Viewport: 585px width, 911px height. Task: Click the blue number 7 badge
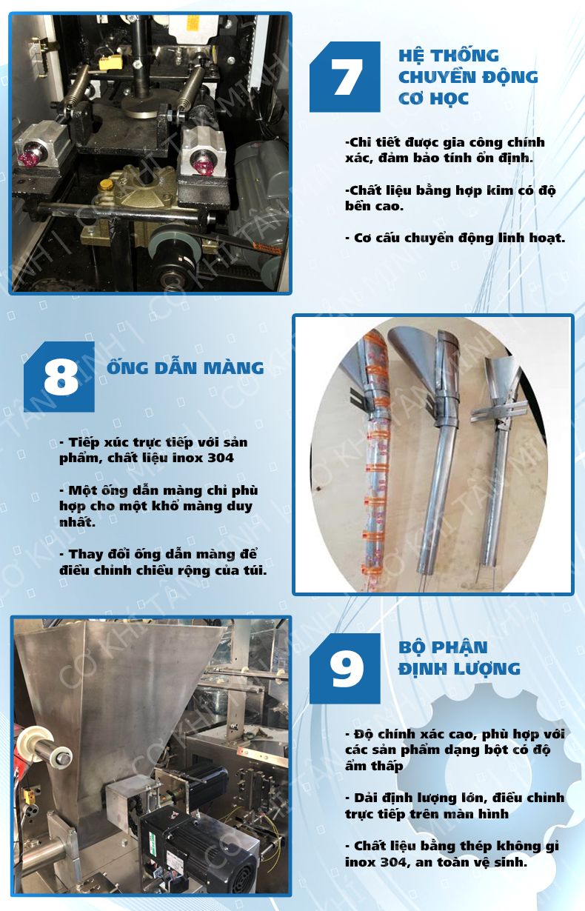pyautogui.click(x=345, y=76)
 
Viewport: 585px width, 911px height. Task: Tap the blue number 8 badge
pyautogui.click(x=59, y=376)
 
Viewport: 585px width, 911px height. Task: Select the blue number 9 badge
pyautogui.click(x=345, y=668)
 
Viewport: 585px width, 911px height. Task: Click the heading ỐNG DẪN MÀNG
pyautogui.click(x=185, y=367)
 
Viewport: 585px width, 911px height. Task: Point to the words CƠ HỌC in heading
pyautogui.click(x=433, y=99)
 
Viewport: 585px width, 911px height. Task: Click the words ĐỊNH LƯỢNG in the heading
pyautogui.click(x=459, y=670)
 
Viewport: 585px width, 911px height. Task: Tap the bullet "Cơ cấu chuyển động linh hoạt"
pyautogui.click(x=455, y=238)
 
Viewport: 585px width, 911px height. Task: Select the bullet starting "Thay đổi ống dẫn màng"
pyautogui.click(x=163, y=562)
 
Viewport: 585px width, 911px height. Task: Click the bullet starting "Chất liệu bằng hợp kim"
pyautogui.click(x=450, y=198)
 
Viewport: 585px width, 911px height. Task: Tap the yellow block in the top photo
pyautogui.click(x=110, y=62)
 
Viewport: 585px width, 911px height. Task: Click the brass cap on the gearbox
pyautogui.click(x=107, y=185)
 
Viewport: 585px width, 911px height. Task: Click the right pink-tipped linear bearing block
pyautogui.click(x=203, y=151)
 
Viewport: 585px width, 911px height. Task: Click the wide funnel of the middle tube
pyautogui.click(x=412, y=358)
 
